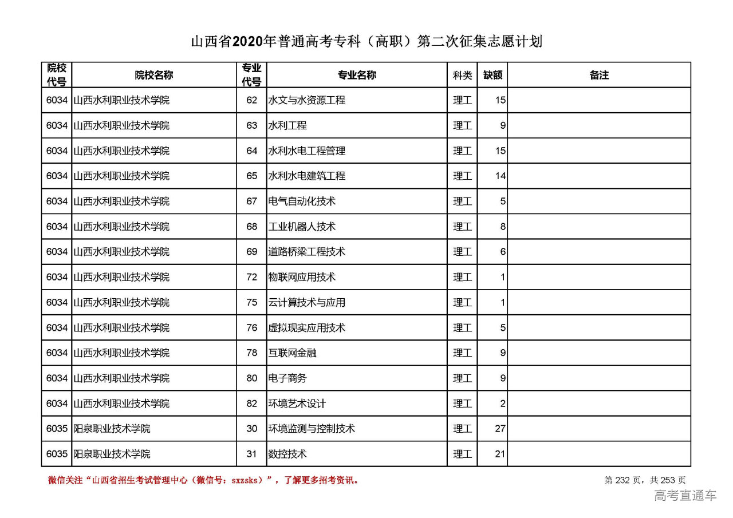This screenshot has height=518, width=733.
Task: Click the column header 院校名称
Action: [x=154, y=75]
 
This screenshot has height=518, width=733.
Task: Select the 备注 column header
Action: [x=599, y=75]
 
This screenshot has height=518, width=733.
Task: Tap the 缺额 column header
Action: [x=492, y=75]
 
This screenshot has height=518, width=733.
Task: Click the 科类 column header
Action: [x=462, y=75]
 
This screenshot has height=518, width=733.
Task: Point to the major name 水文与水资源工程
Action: [x=307, y=100]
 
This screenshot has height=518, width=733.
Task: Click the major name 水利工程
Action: [x=287, y=125]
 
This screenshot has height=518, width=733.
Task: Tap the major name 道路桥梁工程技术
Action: [x=307, y=252]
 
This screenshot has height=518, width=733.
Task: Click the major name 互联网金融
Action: [x=292, y=353]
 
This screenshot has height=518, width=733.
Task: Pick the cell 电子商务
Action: [x=287, y=378]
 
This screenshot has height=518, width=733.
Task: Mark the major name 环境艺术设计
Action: [x=297, y=404]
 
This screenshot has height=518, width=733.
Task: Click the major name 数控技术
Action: [x=287, y=454]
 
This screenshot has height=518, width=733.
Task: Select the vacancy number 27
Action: [x=500, y=429]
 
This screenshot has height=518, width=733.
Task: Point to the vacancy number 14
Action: [x=500, y=176]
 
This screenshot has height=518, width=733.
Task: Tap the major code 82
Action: [x=252, y=404]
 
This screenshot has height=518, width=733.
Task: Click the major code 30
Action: [x=252, y=429]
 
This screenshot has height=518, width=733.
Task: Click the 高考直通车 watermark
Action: [x=685, y=496]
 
